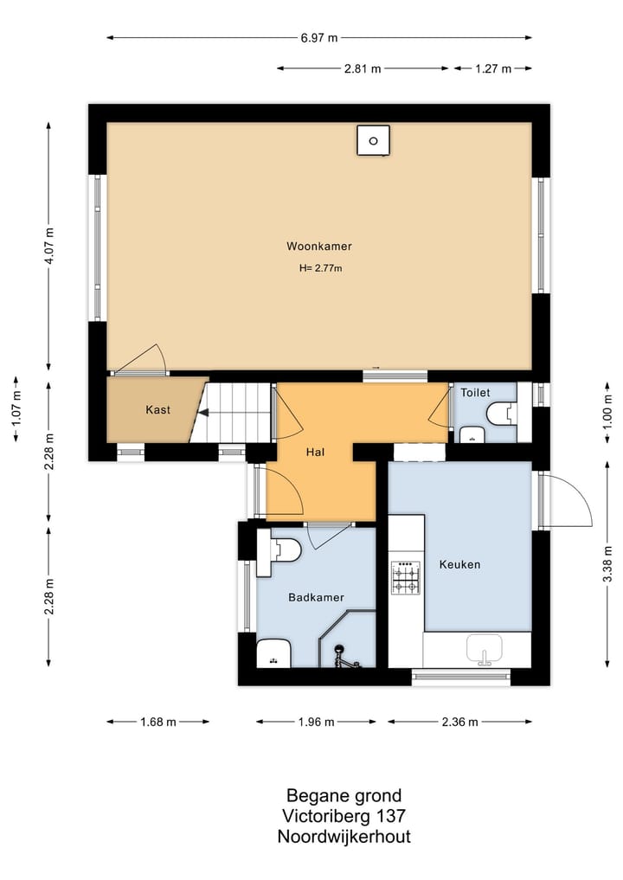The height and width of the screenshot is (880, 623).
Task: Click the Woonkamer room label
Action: [318, 246]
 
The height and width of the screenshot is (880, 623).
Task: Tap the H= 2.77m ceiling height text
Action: [320, 268]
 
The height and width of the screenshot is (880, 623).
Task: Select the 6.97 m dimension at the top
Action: [318, 37]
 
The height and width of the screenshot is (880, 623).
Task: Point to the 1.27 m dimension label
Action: [493, 68]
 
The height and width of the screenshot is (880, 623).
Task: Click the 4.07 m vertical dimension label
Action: [49, 246]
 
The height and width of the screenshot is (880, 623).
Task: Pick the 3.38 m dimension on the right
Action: [607, 563]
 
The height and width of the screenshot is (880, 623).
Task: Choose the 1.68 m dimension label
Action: [158, 722]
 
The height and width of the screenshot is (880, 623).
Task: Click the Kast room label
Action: [157, 409]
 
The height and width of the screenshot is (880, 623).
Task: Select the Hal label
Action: [316, 452]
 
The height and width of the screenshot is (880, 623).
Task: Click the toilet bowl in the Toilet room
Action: [501, 414]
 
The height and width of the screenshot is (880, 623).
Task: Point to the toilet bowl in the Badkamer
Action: [286, 549]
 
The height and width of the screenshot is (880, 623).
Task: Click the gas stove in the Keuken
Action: [405, 577]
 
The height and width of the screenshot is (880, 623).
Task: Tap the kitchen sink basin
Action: [485, 648]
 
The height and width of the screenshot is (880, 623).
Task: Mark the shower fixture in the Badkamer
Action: [343, 658]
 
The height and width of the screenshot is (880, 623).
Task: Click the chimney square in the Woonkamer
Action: [373, 140]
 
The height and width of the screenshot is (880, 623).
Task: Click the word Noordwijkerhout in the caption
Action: [344, 837]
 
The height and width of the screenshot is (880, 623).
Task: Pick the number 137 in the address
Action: [390, 815]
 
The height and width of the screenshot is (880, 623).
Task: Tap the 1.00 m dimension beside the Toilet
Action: [607, 413]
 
